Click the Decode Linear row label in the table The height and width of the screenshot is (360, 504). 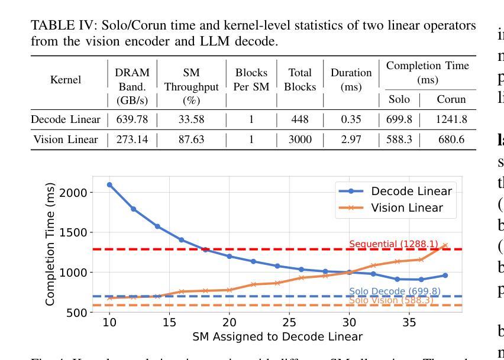[x=66, y=120]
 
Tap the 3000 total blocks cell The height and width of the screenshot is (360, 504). [x=300, y=140]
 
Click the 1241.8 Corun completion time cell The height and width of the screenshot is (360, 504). [x=451, y=120]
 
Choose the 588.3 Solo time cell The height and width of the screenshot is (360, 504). [x=399, y=140]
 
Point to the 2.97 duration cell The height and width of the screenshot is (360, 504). [x=351, y=140]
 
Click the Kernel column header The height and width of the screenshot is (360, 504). [x=66, y=80]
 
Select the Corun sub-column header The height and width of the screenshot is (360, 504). [x=451, y=100]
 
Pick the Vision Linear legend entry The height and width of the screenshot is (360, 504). [x=406, y=207]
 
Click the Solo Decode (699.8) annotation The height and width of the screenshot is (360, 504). [x=395, y=291]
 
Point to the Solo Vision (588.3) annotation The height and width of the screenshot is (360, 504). [x=391, y=300]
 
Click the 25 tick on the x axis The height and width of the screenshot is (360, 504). [x=289, y=322]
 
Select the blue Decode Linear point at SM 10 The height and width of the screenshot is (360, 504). [x=109, y=184]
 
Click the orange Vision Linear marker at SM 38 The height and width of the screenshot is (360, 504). [x=445, y=245]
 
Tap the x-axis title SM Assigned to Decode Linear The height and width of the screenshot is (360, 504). [x=277, y=337]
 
